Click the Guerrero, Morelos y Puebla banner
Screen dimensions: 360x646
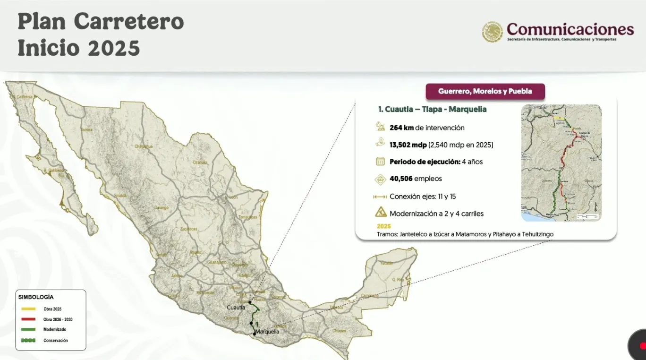[x=485, y=92]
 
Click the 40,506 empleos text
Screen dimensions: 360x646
[x=416, y=179]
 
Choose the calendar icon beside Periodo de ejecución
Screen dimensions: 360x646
[x=381, y=162]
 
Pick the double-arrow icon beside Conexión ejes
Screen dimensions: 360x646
[x=380, y=197]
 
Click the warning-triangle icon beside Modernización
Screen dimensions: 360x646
[x=381, y=213]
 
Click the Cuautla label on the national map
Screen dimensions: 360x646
[x=236, y=308]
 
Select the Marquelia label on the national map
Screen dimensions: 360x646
[x=267, y=332]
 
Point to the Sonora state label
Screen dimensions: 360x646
[x=86, y=129]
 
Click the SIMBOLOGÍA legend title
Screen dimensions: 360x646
[x=36, y=297]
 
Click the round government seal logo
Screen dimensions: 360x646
[x=492, y=32]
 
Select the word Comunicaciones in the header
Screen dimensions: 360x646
[x=570, y=29]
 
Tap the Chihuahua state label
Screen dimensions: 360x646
[x=144, y=146]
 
